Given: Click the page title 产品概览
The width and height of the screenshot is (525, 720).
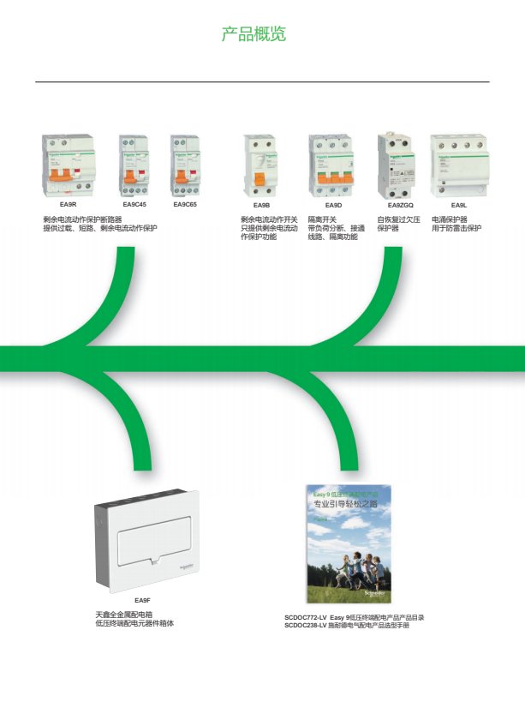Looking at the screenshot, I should pos(254,35).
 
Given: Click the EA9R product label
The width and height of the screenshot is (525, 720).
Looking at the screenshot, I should pos(69,206).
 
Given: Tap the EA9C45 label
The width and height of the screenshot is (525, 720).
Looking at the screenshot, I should pos(134,206).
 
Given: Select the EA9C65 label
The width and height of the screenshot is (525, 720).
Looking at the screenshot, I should pos(185,206).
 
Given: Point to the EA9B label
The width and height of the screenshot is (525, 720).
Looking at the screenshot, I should pos(261,206).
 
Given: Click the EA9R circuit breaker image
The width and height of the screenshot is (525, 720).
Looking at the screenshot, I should pos(69,166).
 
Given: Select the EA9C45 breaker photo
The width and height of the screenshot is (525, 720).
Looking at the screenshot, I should pos(134,166).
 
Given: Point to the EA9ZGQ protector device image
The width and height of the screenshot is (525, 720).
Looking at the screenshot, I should pos(397,165).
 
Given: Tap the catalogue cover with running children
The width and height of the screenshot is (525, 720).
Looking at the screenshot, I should pos(349,543).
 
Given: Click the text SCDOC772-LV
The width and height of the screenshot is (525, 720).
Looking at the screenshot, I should pos(306,617).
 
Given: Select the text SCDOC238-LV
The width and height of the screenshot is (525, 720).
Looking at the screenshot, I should pos(306,626).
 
